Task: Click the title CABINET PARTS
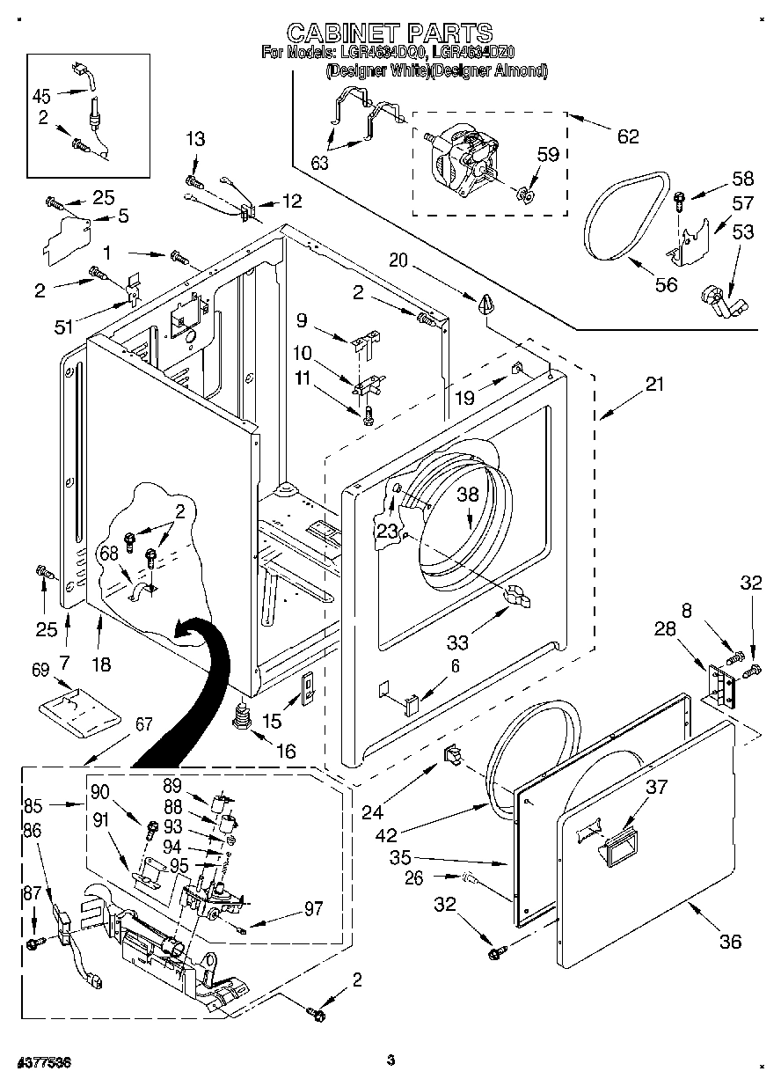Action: coord(390,33)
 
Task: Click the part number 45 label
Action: coord(41,96)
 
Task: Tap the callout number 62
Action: coord(627,136)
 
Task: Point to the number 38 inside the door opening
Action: coord(468,495)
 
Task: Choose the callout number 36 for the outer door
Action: coord(730,941)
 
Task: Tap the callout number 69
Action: coord(40,671)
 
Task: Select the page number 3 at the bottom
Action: coord(391,1060)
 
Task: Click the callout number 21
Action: coord(654,384)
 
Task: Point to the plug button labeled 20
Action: coord(487,305)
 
